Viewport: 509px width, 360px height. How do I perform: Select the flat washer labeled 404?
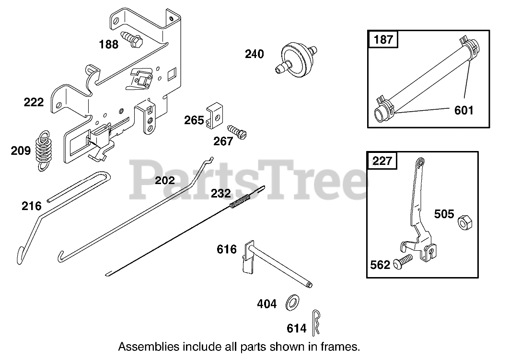pos(291,302)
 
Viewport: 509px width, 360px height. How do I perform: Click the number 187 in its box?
pos(383,39)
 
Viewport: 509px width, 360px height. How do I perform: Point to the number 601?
pos(463,110)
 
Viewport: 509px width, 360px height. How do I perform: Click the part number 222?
pos(34,102)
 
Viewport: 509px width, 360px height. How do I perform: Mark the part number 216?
pos(31,206)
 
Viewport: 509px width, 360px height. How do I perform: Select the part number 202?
pos(165,181)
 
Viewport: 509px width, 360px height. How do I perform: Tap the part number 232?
pos(221,194)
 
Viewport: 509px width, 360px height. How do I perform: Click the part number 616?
pos(227,249)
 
